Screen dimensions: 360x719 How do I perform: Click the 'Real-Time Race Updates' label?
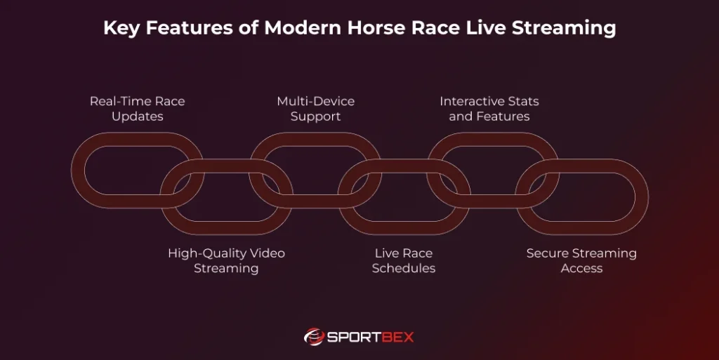tap(138, 109)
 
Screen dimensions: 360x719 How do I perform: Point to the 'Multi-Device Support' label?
tap(315, 109)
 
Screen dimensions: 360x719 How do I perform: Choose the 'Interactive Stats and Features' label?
tap(489, 109)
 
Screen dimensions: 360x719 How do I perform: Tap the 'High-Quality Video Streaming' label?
tap(226, 260)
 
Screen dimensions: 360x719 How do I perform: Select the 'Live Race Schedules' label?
tap(404, 260)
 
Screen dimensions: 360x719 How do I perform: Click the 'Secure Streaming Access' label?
tap(581, 260)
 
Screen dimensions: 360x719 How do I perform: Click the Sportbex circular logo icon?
tap(313, 337)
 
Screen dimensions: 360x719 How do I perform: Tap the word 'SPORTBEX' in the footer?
tap(371, 337)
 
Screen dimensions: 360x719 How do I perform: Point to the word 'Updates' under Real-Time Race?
tap(138, 116)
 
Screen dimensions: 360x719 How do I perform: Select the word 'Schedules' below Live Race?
tap(404, 269)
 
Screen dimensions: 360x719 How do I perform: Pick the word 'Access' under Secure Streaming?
tap(581, 269)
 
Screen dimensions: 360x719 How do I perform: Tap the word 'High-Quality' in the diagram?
tap(203, 253)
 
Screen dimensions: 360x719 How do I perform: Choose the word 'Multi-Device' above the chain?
tap(315, 101)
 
